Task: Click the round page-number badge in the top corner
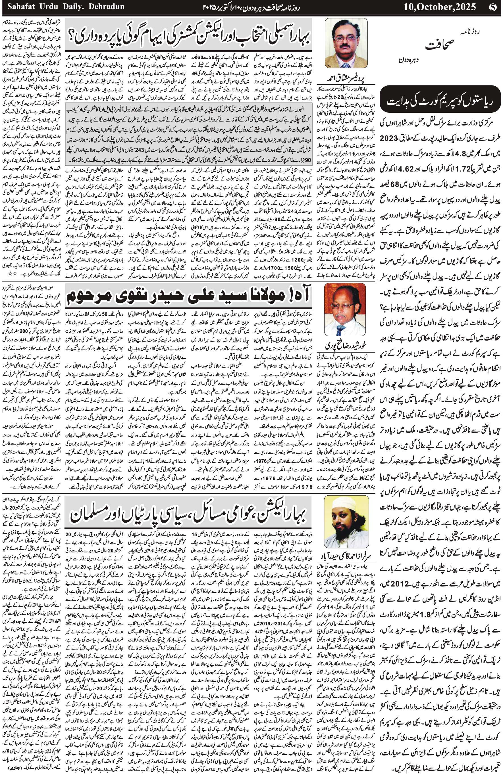click(x=494, y=6)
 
